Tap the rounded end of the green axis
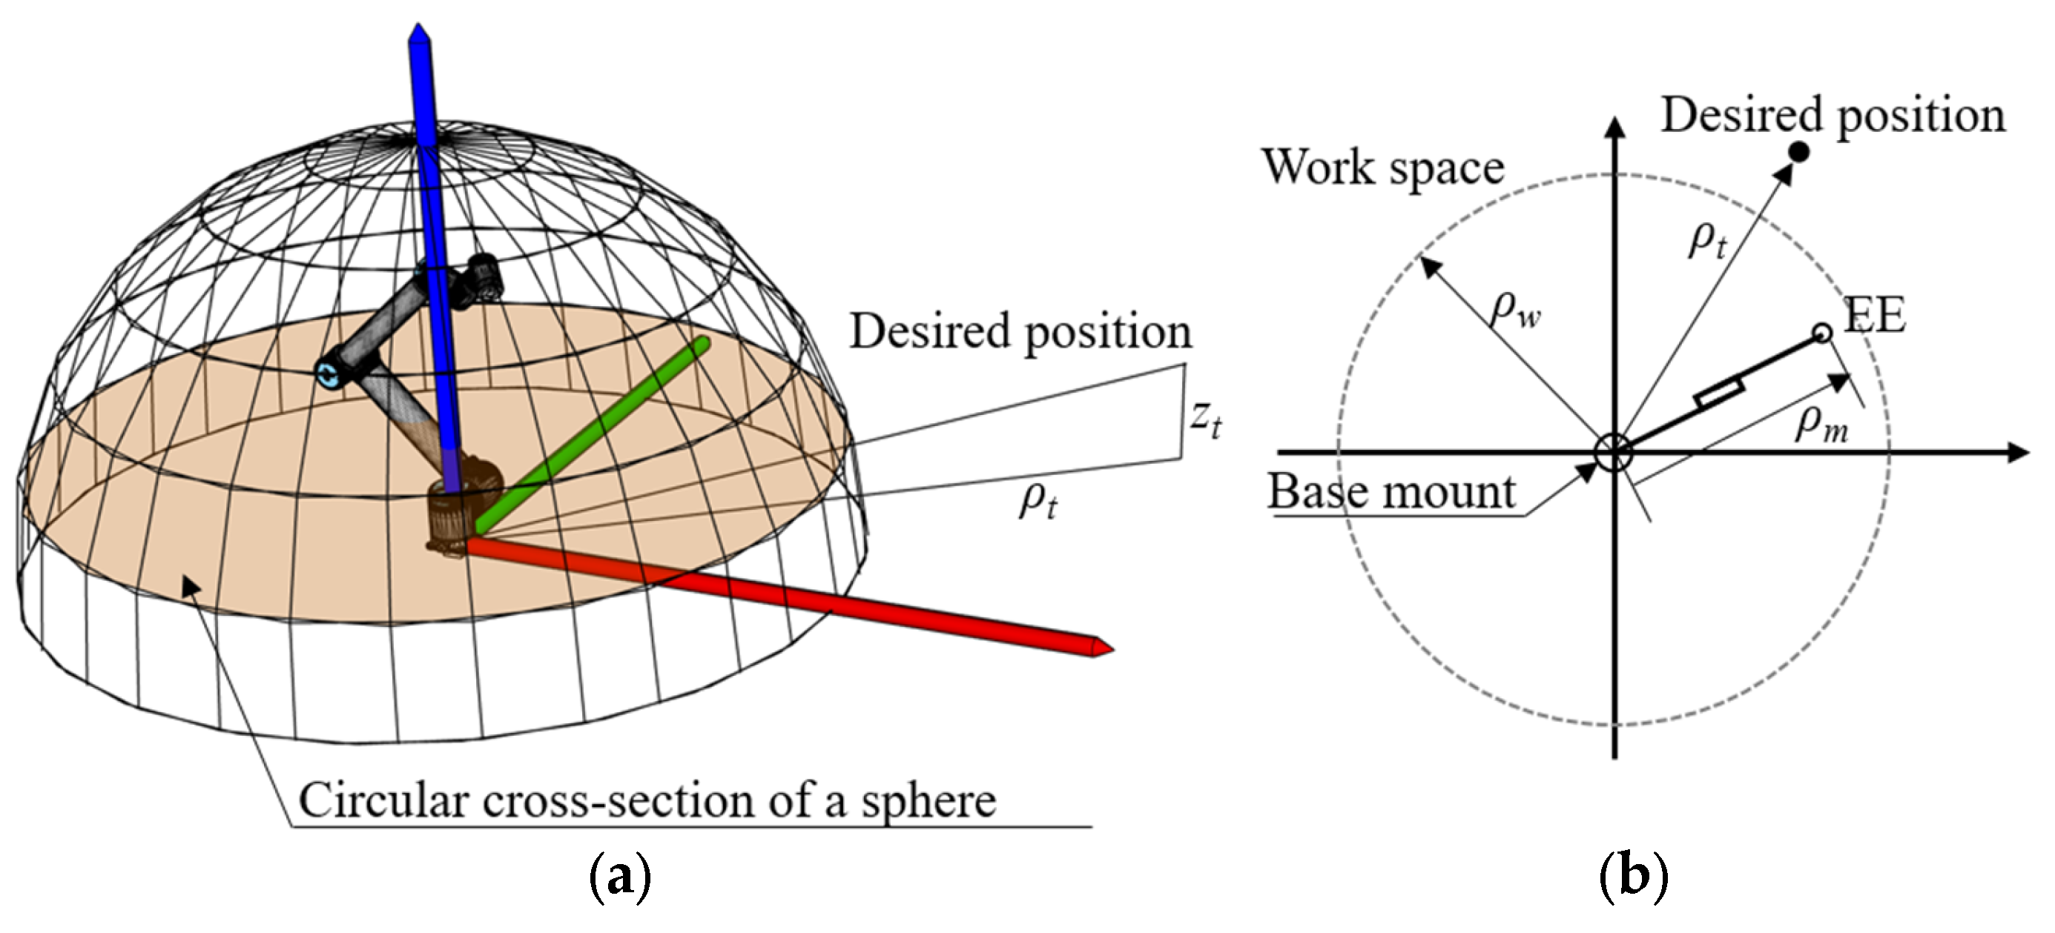(702, 345)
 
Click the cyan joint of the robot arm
(328, 373)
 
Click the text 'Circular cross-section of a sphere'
(647, 800)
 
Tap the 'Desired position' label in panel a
(1020, 331)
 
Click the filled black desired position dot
(1799, 151)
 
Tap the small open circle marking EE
(1822, 333)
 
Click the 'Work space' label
(1382, 167)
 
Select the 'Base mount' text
(1391, 491)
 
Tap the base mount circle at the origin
(1614, 453)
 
